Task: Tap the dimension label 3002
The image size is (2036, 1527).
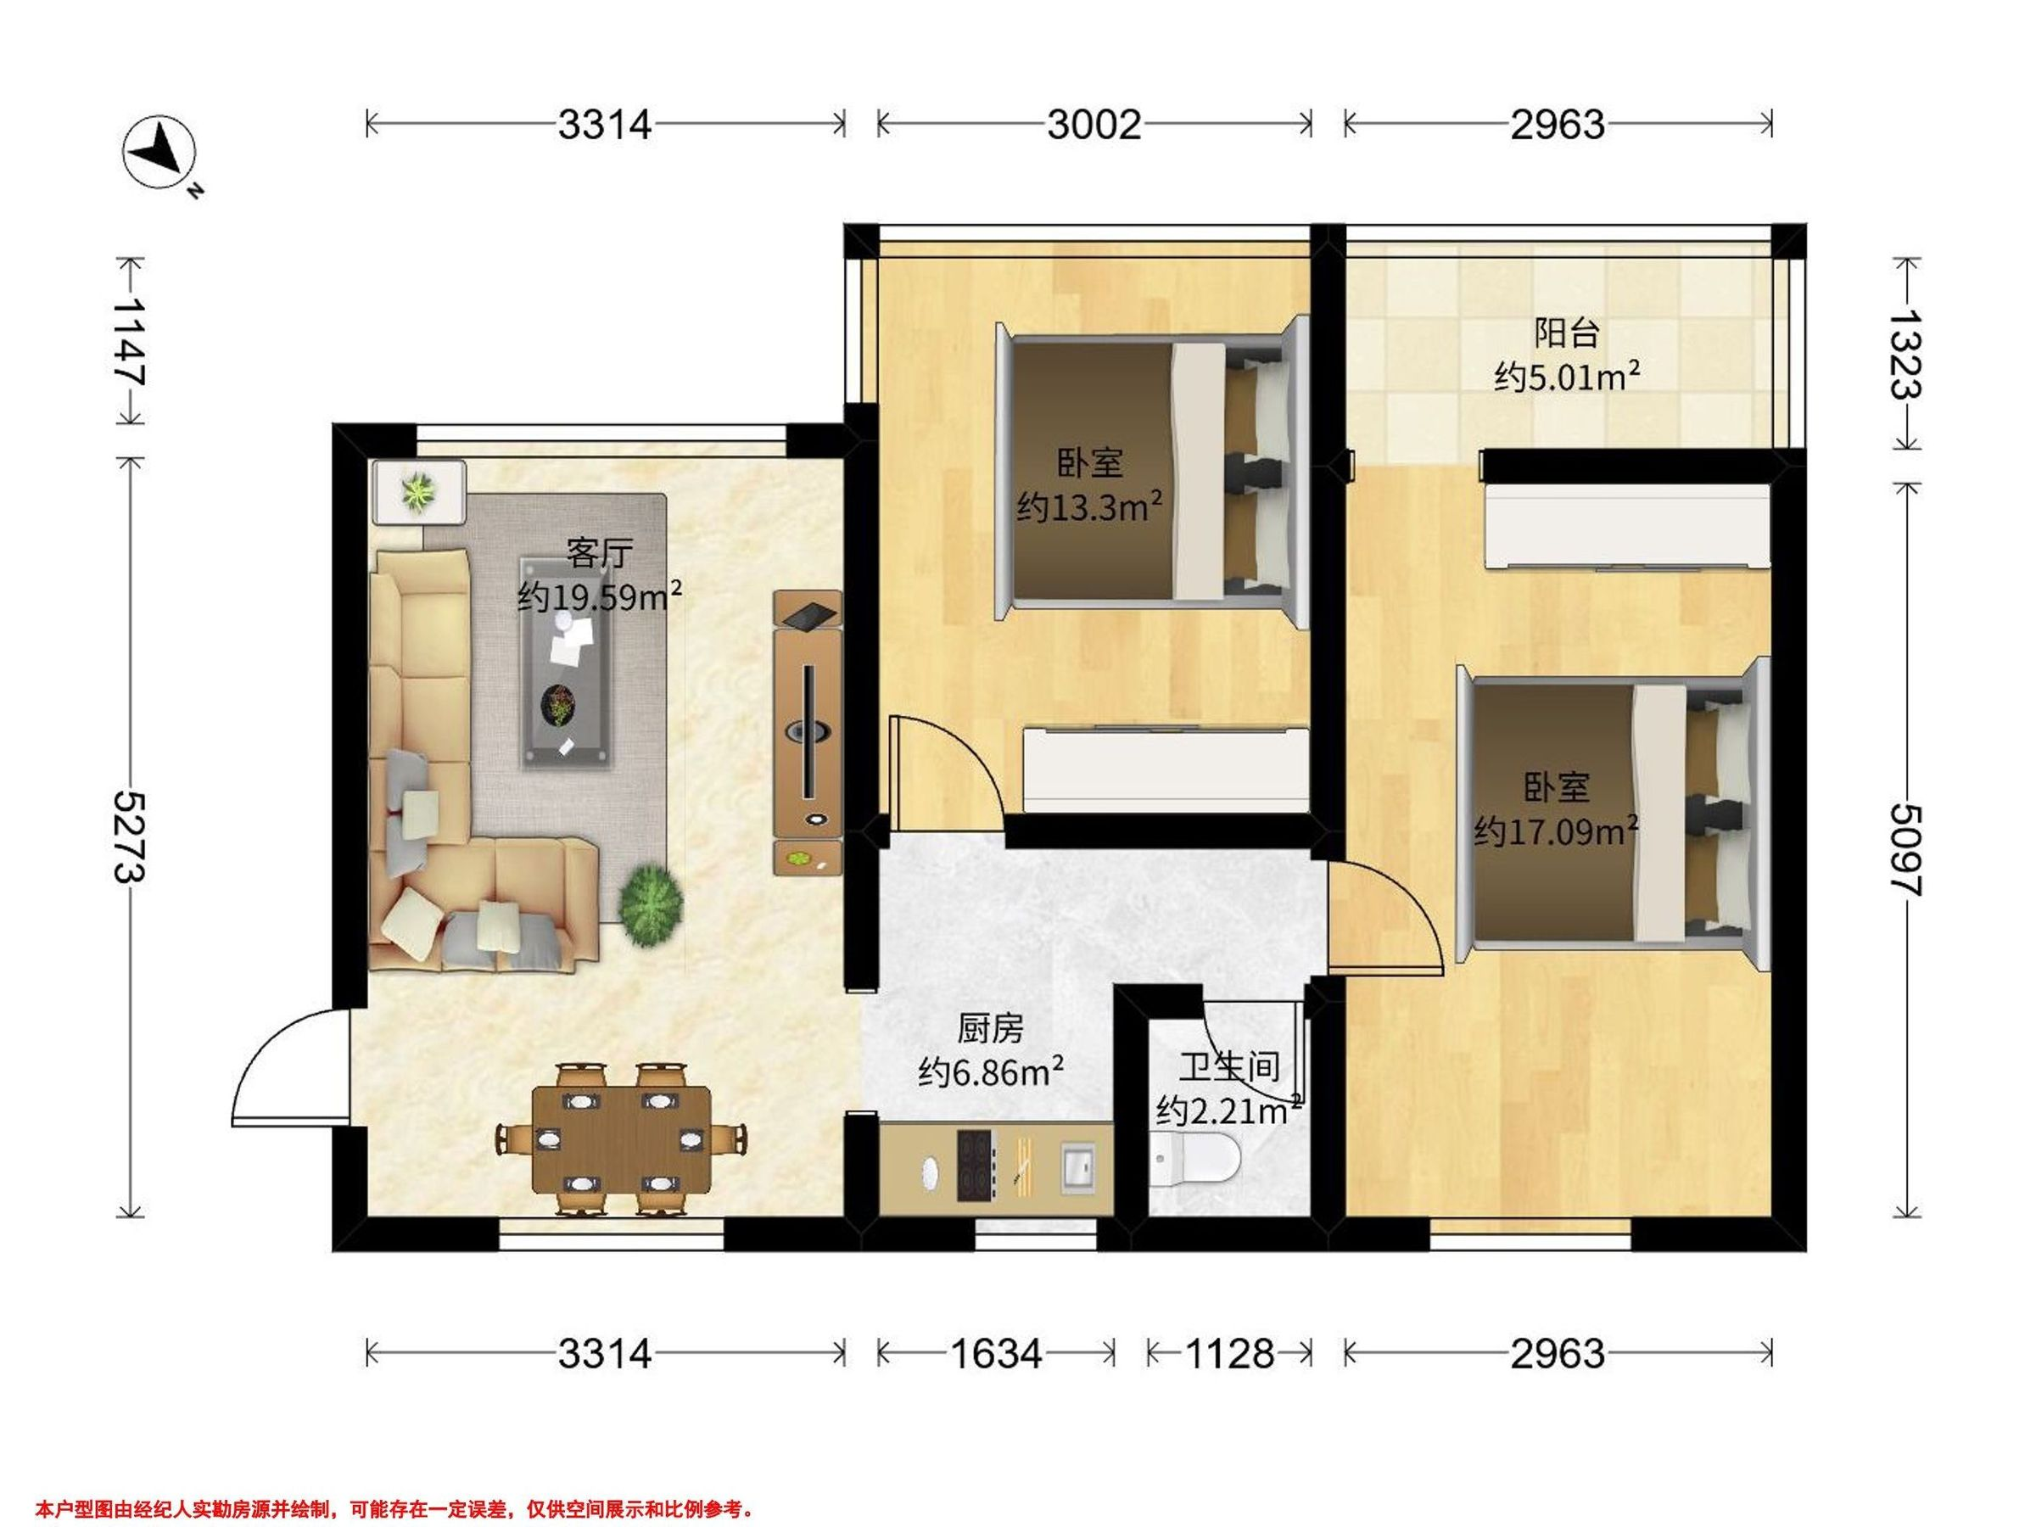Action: (1094, 124)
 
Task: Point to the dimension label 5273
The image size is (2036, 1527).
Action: (129, 836)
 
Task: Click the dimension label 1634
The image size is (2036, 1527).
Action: (996, 1354)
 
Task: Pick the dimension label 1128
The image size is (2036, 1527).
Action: (1230, 1354)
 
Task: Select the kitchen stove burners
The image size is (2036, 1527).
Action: (976, 1165)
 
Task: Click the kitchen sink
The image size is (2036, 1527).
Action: (1079, 1168)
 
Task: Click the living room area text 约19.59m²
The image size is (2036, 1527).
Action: (599, 596)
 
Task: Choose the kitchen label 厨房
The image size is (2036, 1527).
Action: (990, 1029)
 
